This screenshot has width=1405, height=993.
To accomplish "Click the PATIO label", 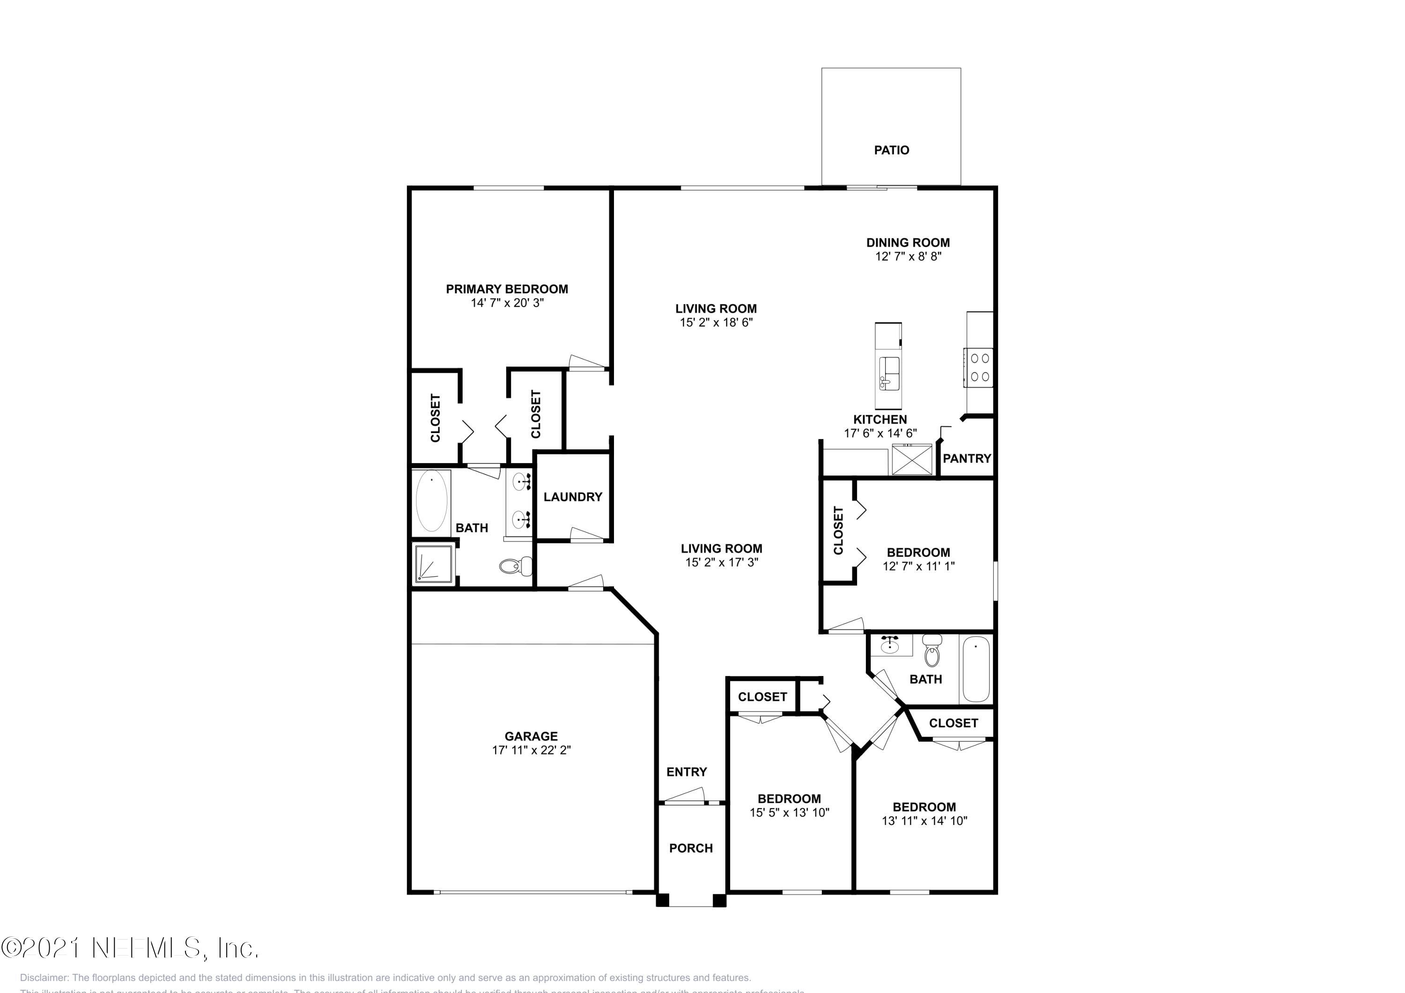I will point(891,150).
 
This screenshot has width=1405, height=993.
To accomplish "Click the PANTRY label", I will point(966,458).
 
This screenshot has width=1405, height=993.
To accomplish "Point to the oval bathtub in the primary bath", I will point(431,501).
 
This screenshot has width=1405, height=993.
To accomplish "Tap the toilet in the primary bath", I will point(517,566).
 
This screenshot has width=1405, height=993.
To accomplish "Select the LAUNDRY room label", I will point(573,497).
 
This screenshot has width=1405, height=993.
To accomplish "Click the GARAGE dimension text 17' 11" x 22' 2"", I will point(531,750).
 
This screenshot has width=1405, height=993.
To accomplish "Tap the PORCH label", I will point(691,848).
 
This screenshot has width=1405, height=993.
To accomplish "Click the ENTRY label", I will point(687,772).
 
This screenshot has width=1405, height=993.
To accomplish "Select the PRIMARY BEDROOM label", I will point(507,289).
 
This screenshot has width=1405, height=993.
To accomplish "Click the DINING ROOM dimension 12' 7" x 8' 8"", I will point(908,257).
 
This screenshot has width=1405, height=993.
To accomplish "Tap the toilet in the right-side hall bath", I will point(932,651).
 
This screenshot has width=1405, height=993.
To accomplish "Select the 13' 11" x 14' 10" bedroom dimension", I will point(924,821).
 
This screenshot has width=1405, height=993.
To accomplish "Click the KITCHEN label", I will point(880,419).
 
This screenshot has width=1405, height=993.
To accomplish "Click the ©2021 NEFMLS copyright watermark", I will point(130,948).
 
